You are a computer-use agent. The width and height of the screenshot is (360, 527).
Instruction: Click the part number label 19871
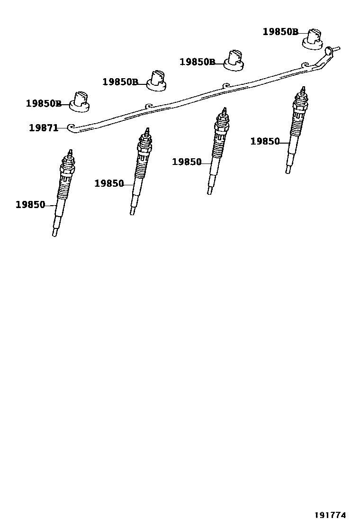43,127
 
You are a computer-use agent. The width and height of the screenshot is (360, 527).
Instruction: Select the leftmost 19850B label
43,103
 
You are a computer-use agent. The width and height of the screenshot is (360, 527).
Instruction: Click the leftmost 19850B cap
80,101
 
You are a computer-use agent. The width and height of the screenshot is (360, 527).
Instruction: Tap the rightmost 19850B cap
313,38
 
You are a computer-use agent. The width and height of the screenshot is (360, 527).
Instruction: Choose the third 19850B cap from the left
234,60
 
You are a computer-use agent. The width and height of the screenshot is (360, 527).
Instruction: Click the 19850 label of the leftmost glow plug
30,205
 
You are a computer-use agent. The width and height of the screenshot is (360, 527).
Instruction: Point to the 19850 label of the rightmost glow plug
265,141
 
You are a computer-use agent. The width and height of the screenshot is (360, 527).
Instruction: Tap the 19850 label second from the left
109,183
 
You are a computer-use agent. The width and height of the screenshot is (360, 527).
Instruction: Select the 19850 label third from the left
187,162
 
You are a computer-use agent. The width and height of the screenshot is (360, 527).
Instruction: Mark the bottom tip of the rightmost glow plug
288,170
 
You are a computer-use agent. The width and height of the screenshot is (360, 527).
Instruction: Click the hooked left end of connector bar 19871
72,127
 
